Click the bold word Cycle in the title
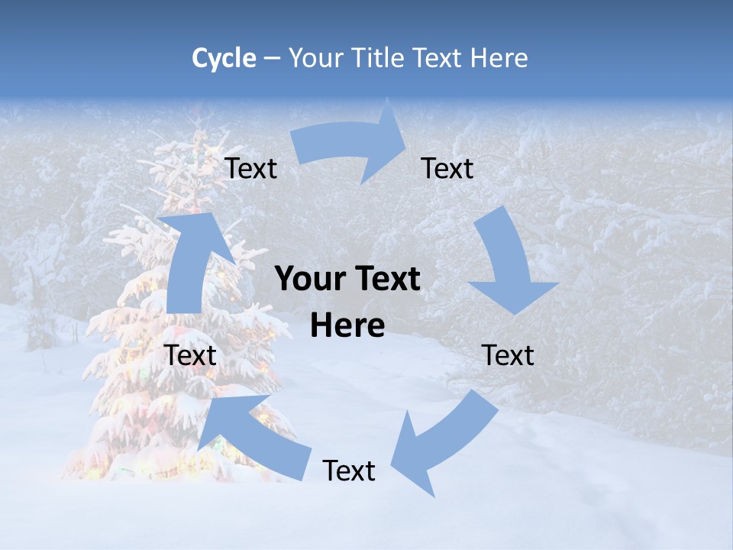224,58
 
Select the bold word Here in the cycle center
347,325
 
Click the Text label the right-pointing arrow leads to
447,168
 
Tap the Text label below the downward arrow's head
509,355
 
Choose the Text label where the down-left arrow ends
349,471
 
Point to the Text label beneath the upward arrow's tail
191,355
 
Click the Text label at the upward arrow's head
251,168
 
